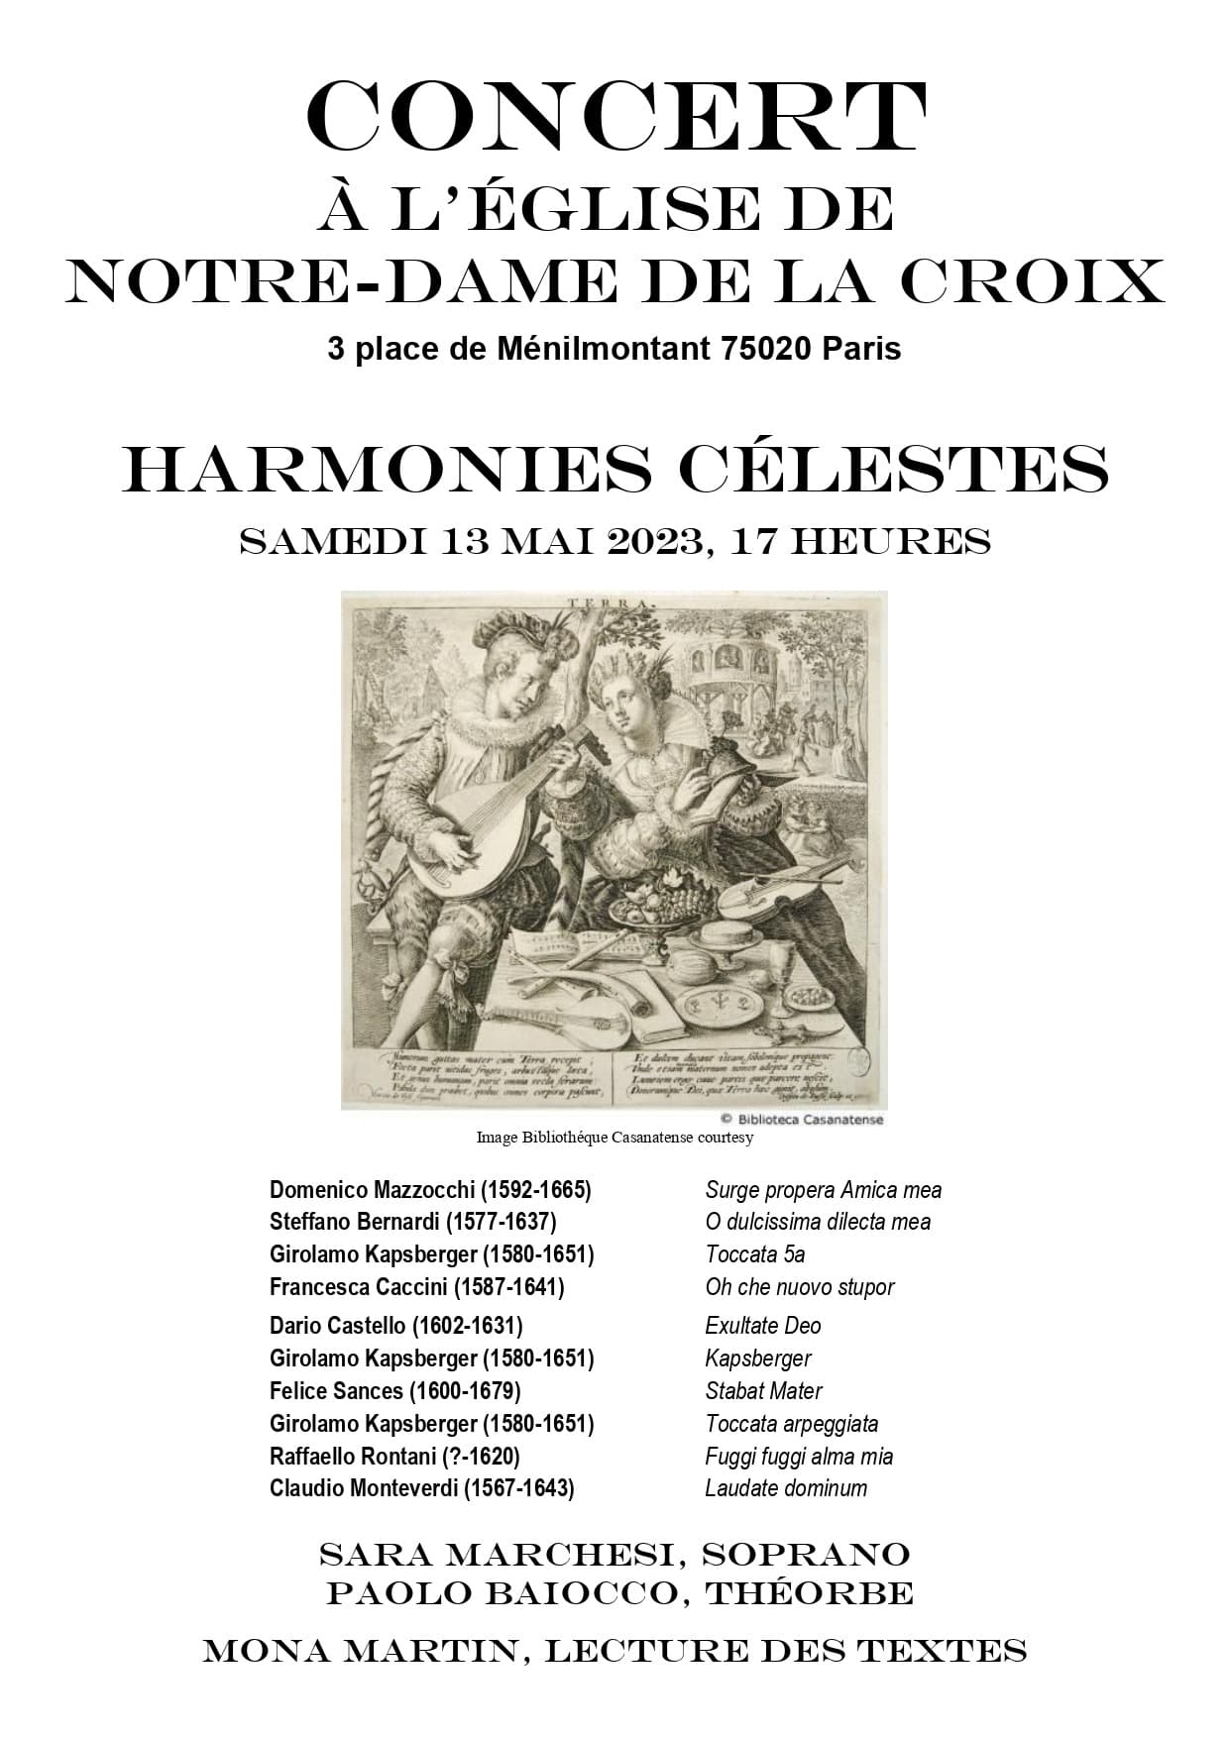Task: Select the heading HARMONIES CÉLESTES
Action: pyautogui.click(x=615, y=469)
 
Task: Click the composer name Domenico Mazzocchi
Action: pyautogui.click(x=372, y=1190)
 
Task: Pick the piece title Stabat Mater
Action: pyautogui.click(x=763, y=1391)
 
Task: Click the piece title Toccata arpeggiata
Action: pyautogui.click(x=791, y=1424)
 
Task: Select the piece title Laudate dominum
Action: pyautogui.click(x=786, y=1488)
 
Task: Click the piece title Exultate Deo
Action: pyautogui.click(x=762, y=1326)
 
